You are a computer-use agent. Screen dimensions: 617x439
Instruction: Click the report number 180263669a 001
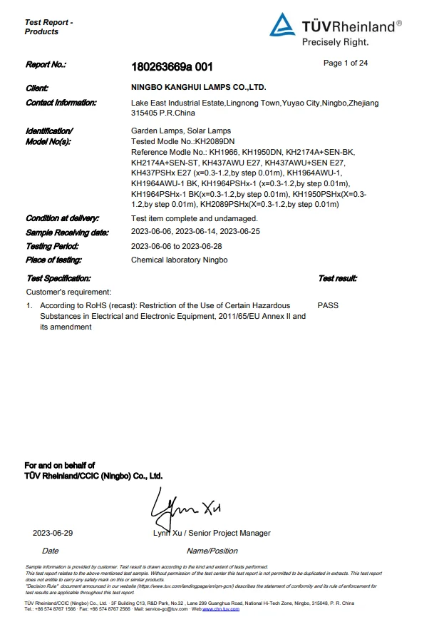172,66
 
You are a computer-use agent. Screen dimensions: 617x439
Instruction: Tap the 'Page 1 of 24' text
345,63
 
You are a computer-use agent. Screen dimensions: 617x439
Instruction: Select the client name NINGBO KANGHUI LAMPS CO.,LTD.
199,87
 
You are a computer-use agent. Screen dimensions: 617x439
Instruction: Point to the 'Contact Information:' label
61,103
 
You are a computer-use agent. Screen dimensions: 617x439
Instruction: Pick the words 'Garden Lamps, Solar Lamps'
180,131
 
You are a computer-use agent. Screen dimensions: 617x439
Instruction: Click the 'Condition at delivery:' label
62,218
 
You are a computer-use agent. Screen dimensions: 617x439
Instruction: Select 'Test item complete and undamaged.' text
194,218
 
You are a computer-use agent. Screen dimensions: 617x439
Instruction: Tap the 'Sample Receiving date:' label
67,233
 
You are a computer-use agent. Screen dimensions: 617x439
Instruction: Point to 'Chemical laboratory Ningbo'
179,260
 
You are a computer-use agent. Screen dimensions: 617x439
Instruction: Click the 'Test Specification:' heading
58,278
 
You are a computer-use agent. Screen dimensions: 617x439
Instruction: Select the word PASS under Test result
328,305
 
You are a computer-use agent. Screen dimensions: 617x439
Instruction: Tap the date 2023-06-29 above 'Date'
53,533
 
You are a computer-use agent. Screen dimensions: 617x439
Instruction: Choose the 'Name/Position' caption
212,551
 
